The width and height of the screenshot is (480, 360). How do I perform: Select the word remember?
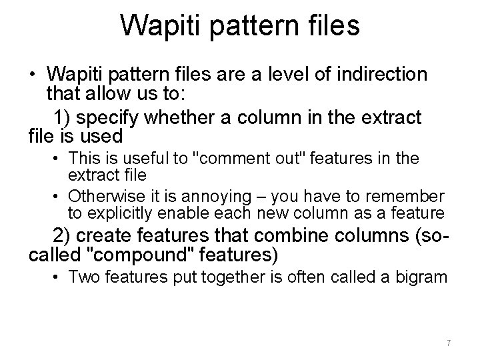point(411,197)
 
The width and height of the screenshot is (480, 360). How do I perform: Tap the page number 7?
point(449,343)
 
